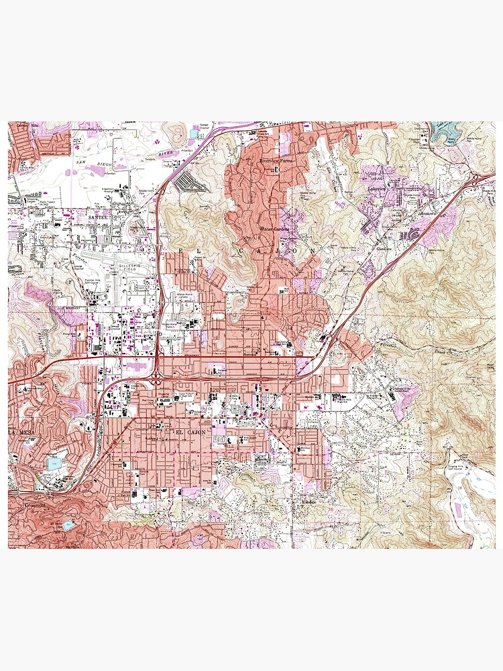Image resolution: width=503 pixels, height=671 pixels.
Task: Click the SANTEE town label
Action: [x=98, y=217]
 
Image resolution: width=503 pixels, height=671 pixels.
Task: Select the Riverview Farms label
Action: [x=276, y=162]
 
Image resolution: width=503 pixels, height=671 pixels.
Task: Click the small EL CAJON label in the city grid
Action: [x=188, y=433]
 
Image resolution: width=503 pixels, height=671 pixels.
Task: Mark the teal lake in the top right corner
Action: [x=447, y=130]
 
